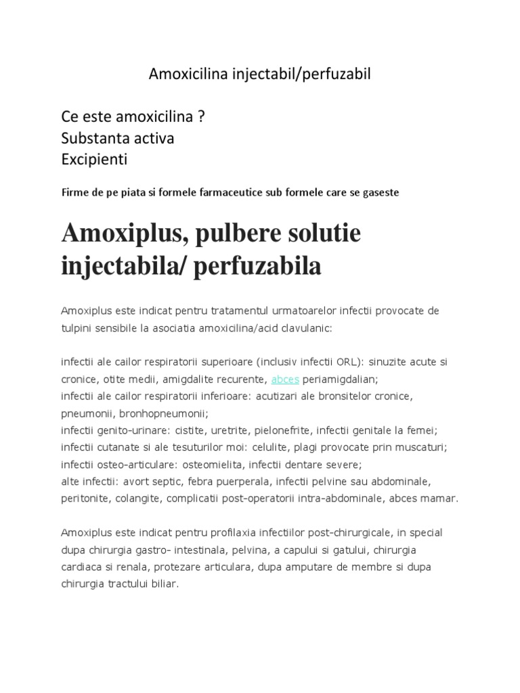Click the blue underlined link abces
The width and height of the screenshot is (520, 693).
tap(284, 379)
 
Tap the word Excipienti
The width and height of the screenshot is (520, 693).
tap(94, 160)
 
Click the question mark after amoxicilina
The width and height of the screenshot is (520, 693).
tap(201, 117)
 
